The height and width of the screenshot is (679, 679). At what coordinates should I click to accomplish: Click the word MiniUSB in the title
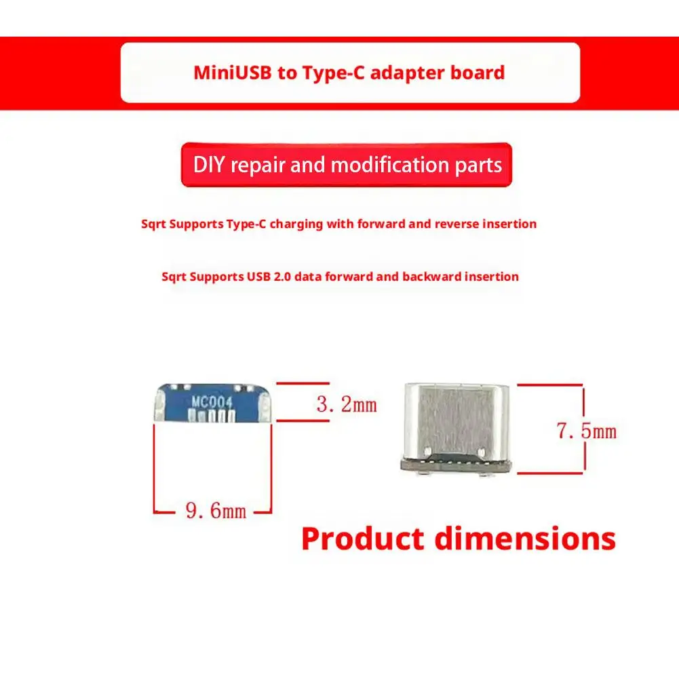231,73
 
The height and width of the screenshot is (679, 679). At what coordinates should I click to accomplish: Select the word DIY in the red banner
209,165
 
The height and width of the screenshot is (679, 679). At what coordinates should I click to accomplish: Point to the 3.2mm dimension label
347,406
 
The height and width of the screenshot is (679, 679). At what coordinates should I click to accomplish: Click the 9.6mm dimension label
216,510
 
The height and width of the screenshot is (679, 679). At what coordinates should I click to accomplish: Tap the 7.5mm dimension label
587,431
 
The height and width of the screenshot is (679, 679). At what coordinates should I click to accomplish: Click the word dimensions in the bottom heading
525,539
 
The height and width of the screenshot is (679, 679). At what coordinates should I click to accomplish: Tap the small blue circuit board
212,404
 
